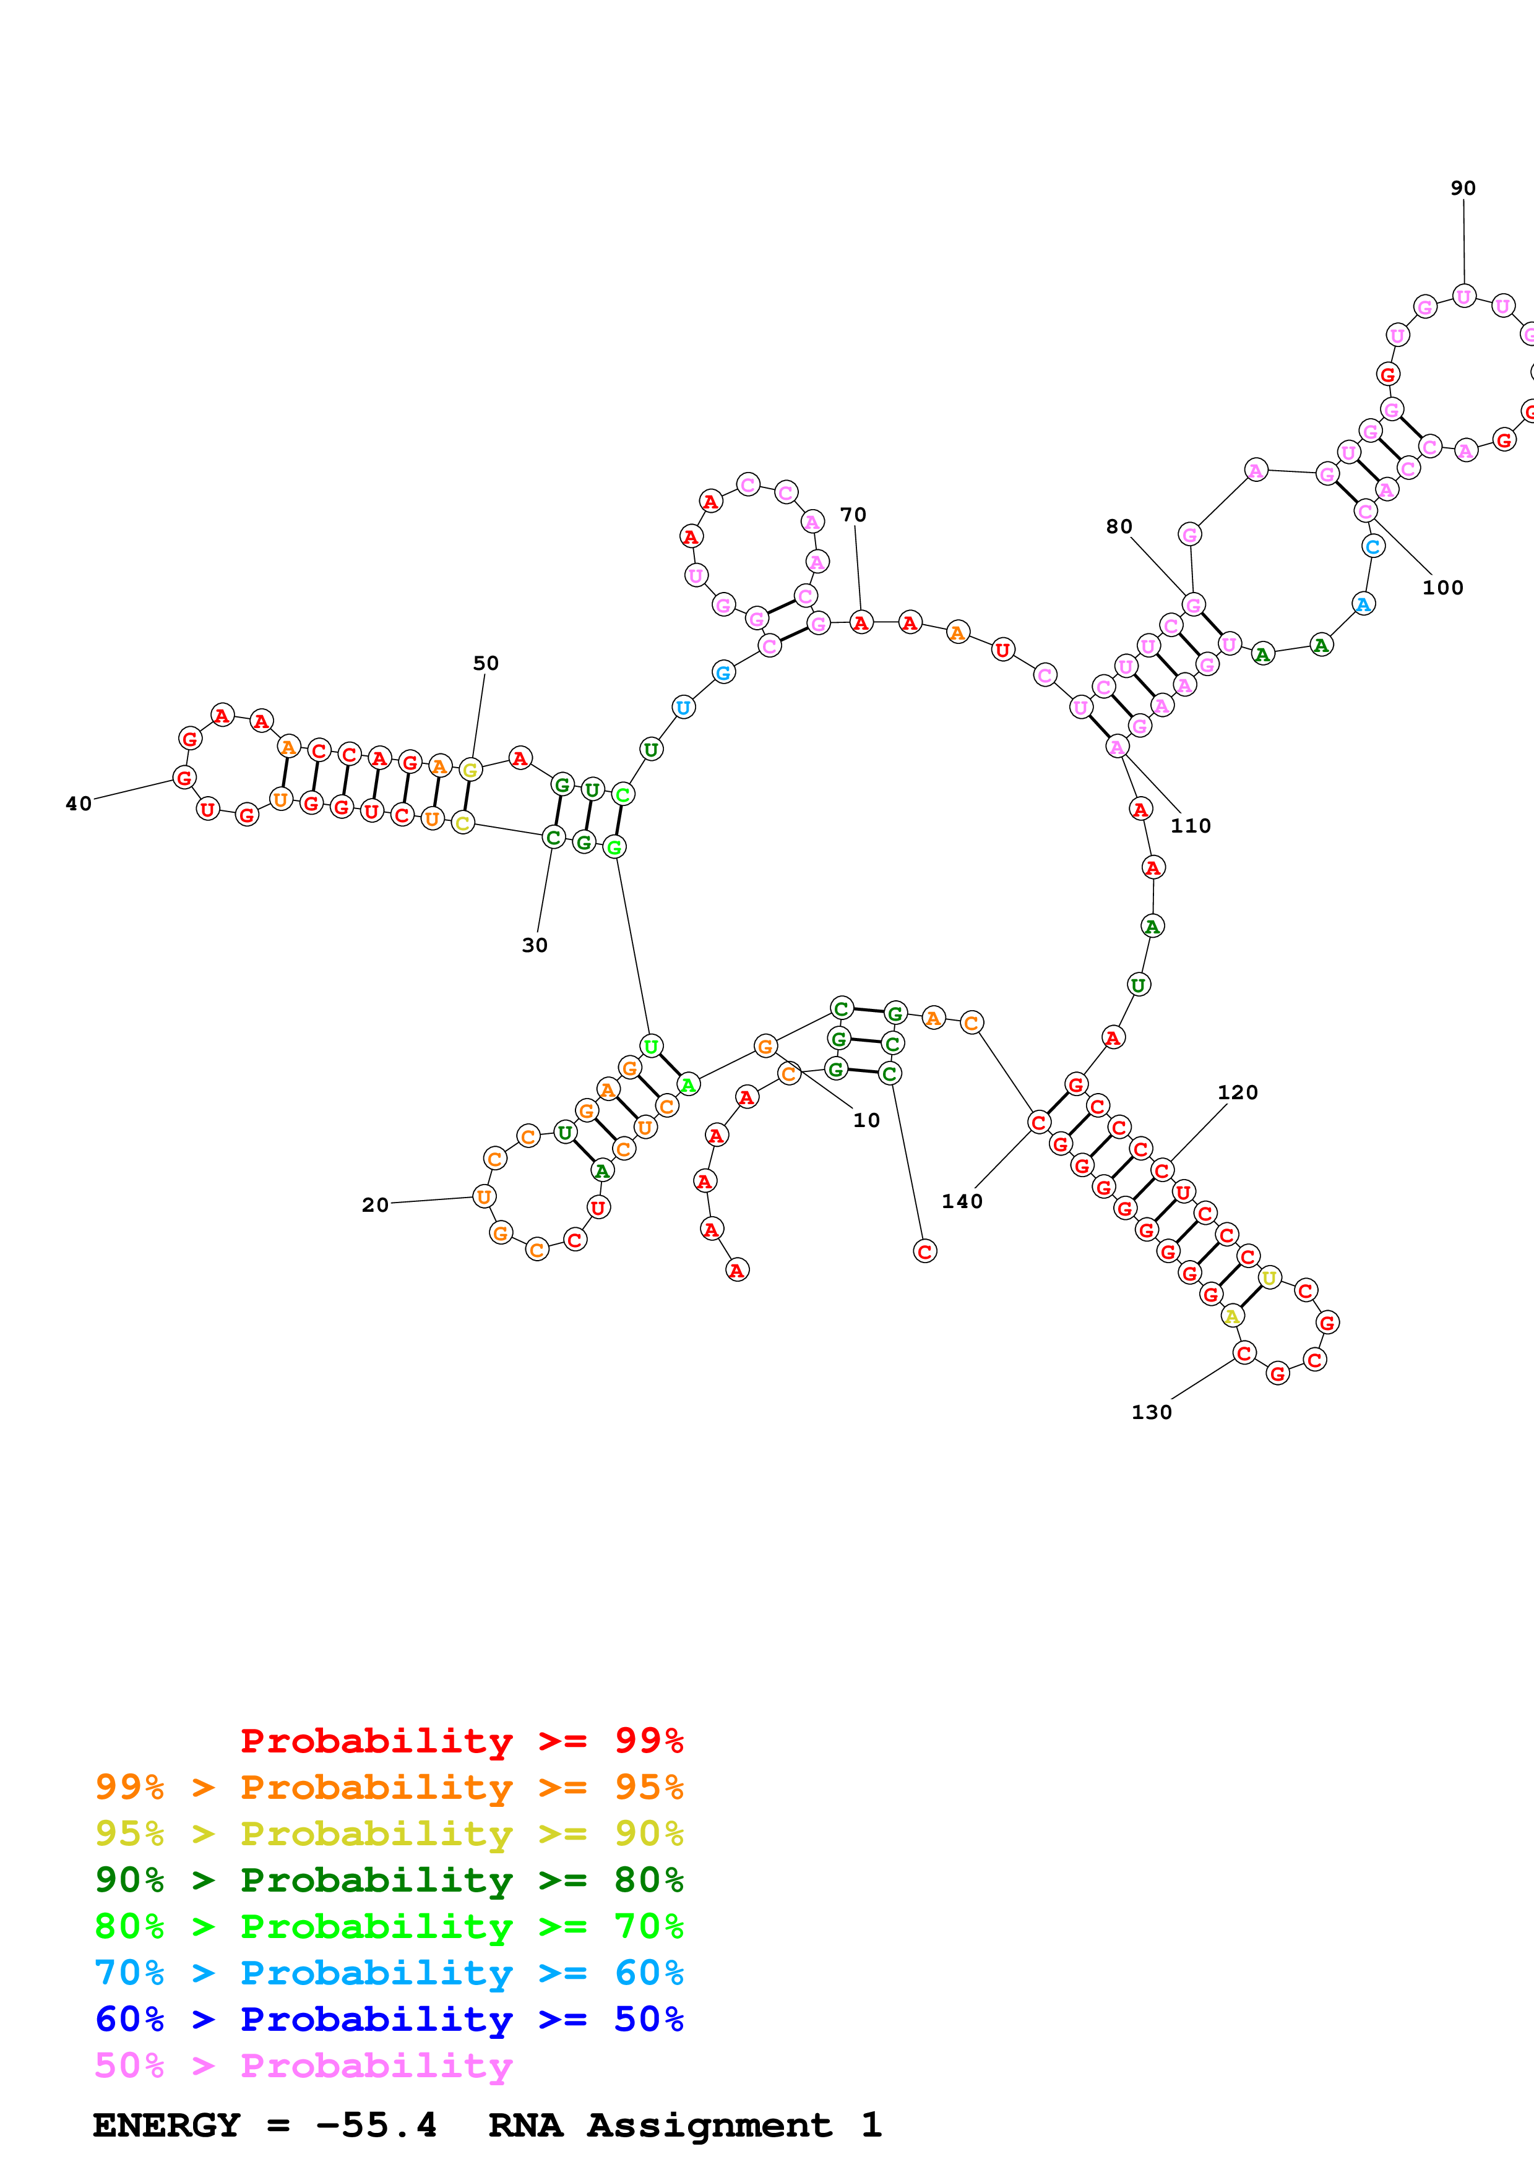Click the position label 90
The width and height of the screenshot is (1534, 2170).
[x=1462, y=188]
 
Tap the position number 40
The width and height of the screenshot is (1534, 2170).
[x=79, y=804]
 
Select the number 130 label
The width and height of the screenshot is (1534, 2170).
[x=1151, y=1412]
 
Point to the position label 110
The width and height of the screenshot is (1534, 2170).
[x=1190, y=825]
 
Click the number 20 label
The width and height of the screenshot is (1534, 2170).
[x=375, y=1205]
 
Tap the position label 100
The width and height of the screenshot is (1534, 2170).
[x=1442, y=587]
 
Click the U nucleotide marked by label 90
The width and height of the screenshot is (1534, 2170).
[x=1463, y=297]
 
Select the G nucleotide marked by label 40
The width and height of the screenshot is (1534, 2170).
[x=184, y=778]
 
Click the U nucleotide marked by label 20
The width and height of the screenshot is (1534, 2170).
[x=484, y=1196]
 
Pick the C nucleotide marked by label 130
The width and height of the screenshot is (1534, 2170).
[x=1244, y=1353]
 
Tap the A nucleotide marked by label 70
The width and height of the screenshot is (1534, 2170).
[x=860, y=623]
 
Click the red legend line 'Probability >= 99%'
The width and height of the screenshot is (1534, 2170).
[x=461, y=1741]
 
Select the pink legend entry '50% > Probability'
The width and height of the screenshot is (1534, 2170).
[x=303, y=2066]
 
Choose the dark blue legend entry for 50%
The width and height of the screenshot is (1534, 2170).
[x=389, y=2020]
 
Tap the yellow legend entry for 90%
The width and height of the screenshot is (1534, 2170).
[x=389, y=1833]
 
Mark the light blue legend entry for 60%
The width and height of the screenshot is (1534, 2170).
[x=389, y=1973]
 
